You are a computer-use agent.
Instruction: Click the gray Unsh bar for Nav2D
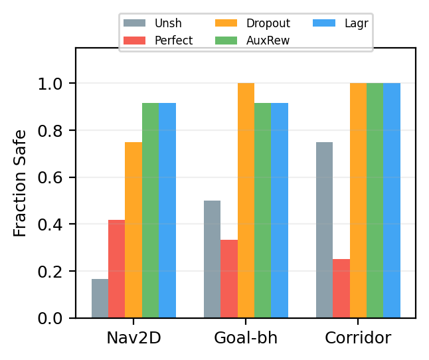[100, 299]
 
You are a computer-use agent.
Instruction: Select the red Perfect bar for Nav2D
[116, 269]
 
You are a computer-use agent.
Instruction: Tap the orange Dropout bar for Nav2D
[133, 230]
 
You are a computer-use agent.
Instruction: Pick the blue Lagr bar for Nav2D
[167, 211]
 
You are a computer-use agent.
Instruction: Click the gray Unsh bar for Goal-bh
[212, 259]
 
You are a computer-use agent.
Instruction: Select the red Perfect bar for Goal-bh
[229, 279]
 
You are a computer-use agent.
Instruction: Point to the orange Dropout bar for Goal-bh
[246, 201]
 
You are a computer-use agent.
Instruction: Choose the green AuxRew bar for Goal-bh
[262, 211]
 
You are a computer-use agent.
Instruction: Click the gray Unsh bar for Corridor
[324, 230]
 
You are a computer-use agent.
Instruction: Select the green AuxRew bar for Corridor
[375, 201]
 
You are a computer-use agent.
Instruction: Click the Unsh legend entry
[159, 23]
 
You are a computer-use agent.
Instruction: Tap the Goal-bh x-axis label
[246, 338]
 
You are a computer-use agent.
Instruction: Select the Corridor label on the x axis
[358, 338]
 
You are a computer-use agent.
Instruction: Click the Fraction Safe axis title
[21, 183]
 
